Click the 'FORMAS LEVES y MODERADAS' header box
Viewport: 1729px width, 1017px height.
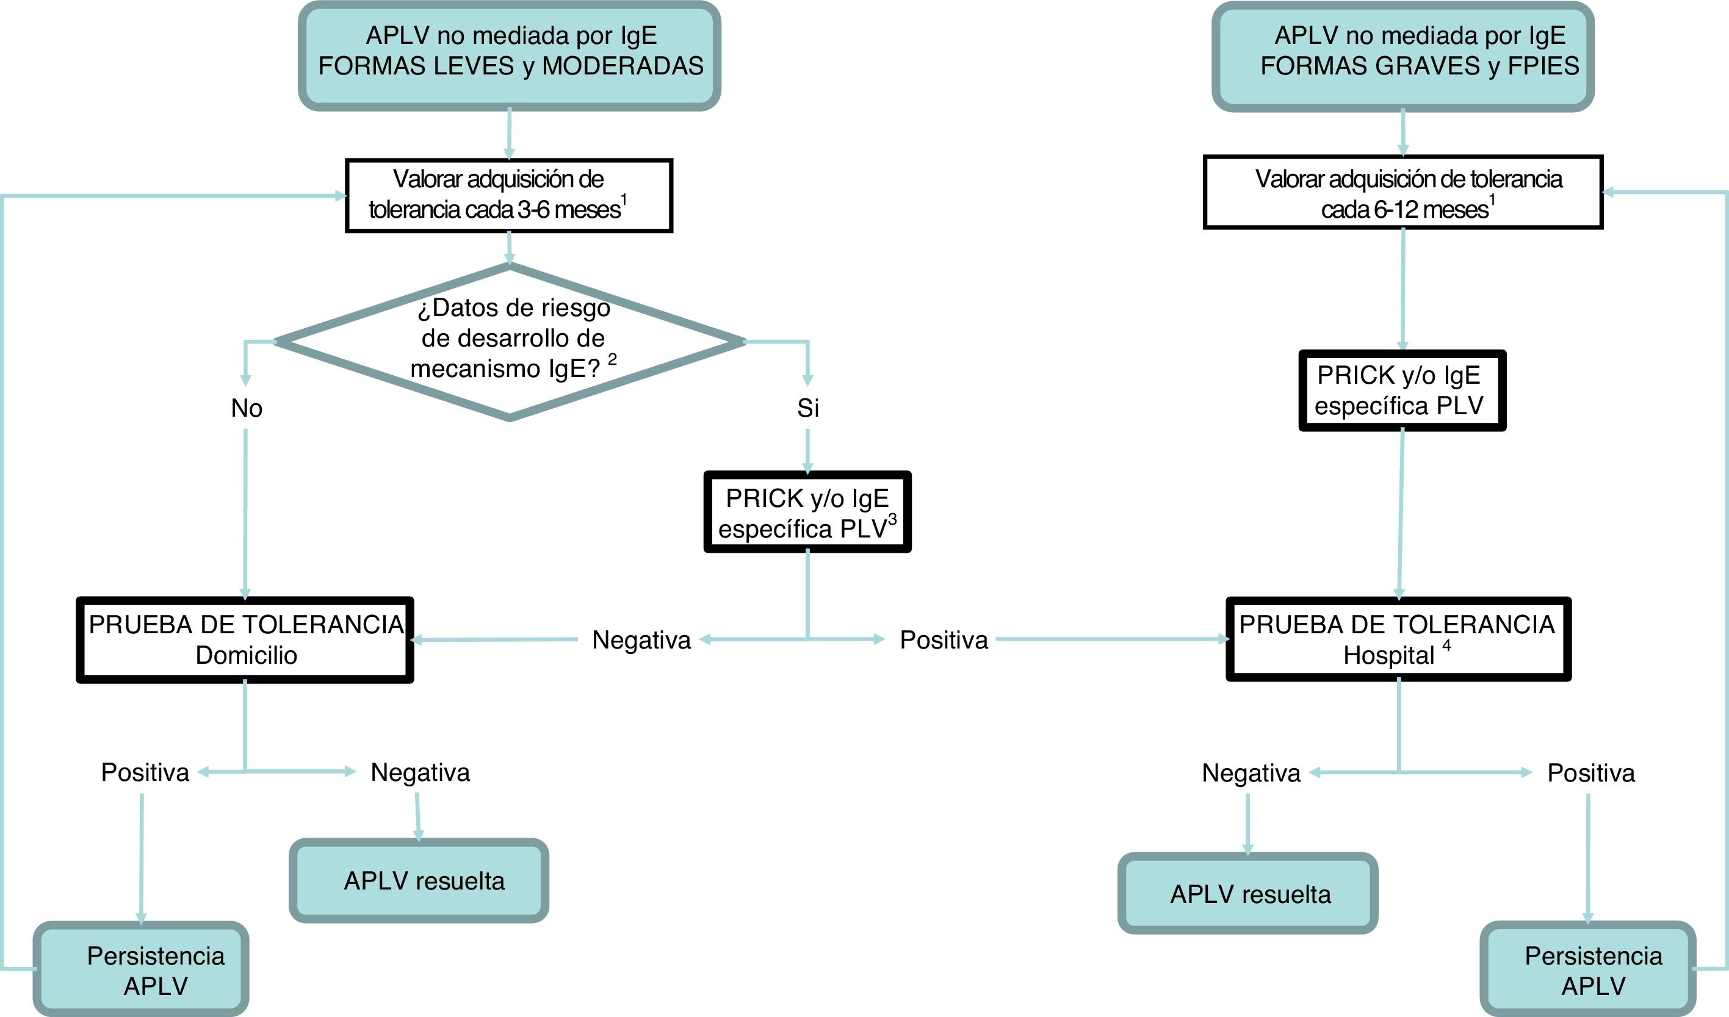510,55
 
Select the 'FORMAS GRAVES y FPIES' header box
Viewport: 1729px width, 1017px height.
1402,55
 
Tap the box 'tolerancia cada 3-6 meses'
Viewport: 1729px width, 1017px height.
508,195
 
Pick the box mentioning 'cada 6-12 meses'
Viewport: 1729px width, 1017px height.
1402,193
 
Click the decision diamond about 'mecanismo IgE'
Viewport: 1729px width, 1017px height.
510,340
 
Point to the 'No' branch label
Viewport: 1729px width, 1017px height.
247,408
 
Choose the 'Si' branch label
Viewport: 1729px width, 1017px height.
807,408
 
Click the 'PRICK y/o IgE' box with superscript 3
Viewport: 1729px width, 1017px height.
807,512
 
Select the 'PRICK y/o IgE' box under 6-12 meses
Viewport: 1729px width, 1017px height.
1402,390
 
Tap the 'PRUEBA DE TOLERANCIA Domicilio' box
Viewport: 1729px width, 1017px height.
245,639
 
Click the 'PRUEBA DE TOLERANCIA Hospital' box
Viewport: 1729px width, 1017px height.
1398,639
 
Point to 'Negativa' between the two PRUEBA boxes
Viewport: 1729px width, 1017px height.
641,640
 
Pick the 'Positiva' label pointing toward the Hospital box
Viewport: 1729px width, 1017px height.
944,640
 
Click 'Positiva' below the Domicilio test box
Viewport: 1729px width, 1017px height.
145,772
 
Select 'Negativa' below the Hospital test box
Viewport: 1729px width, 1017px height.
1251,773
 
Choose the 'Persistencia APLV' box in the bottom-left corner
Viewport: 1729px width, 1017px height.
142,969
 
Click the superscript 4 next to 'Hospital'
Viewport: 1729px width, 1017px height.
1446,645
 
